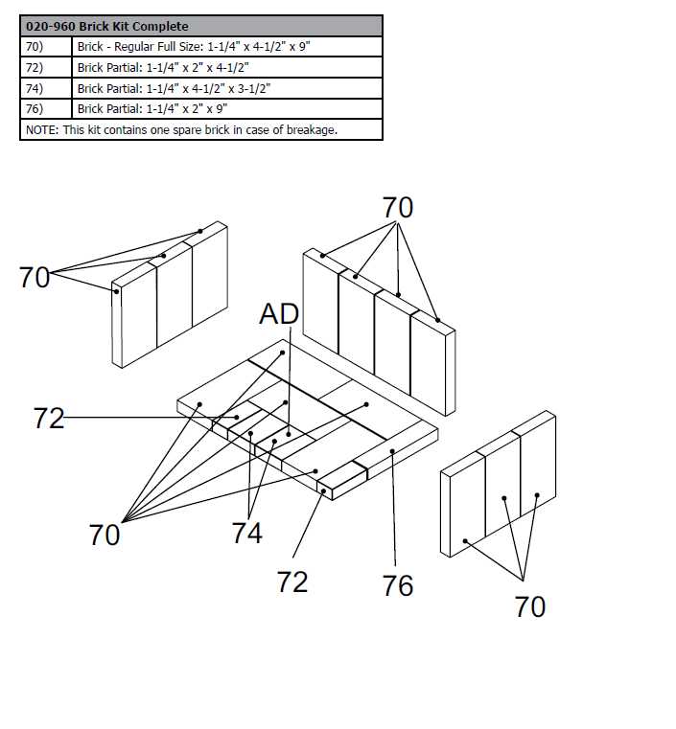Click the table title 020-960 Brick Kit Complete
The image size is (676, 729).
[106, 26]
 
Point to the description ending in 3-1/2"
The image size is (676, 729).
[175, 88]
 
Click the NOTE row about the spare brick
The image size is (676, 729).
[181, 129]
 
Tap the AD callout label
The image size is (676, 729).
[279, 314]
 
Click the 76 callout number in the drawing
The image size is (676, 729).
[398, 585]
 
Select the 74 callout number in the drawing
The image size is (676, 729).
[246, 533]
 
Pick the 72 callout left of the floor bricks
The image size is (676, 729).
[49, 418]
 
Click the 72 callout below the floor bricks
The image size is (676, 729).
[292, 581]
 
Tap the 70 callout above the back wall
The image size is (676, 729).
[398, 207]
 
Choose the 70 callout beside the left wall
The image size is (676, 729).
[35, 278]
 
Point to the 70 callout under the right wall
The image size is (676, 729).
[530, 606]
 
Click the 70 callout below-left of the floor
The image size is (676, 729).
[105, 535]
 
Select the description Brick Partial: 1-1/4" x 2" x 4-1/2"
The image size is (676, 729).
[163, 67]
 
